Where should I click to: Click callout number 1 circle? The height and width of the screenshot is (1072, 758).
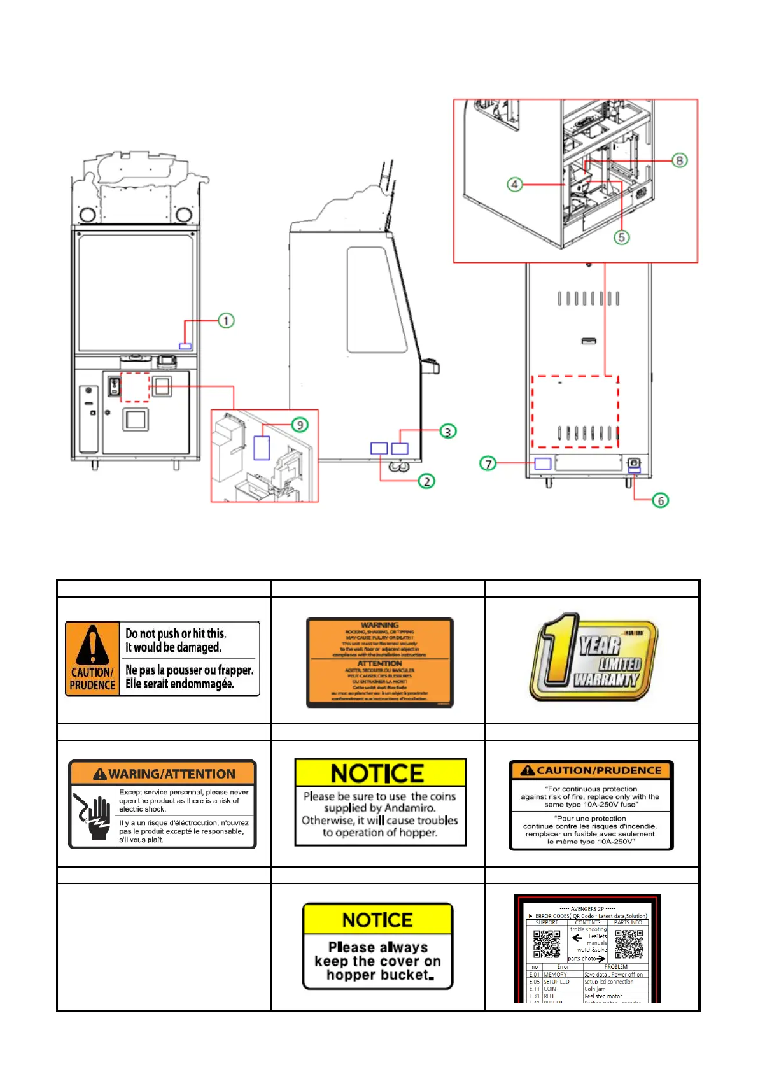pos(226,320)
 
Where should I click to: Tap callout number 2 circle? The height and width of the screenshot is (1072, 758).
pos(426,481)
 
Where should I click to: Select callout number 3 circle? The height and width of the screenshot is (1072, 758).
pos(448,432)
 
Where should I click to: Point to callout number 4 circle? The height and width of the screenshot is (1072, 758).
pos(514,185)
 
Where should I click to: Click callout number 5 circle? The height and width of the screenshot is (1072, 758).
pos(621,237)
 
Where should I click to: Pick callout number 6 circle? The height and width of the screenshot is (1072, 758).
pos(661,500)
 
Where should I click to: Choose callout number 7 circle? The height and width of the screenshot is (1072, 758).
pos(488,463)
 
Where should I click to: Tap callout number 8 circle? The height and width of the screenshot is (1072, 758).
pos(680,160)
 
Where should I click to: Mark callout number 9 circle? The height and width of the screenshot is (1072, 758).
pos(300,425)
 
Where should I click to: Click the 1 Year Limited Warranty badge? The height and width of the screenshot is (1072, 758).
pos(593,658)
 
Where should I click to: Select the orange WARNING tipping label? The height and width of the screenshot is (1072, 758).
pos(380,662)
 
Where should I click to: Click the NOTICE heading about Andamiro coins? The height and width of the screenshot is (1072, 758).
pos(378,773)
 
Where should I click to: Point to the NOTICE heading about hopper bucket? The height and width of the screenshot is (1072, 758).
pos(377,920)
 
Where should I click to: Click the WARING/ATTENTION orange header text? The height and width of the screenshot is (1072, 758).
pos(172,774)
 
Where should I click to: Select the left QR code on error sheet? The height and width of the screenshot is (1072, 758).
pos(546,943)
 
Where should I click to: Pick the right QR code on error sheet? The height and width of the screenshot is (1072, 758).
pos(628,943)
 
